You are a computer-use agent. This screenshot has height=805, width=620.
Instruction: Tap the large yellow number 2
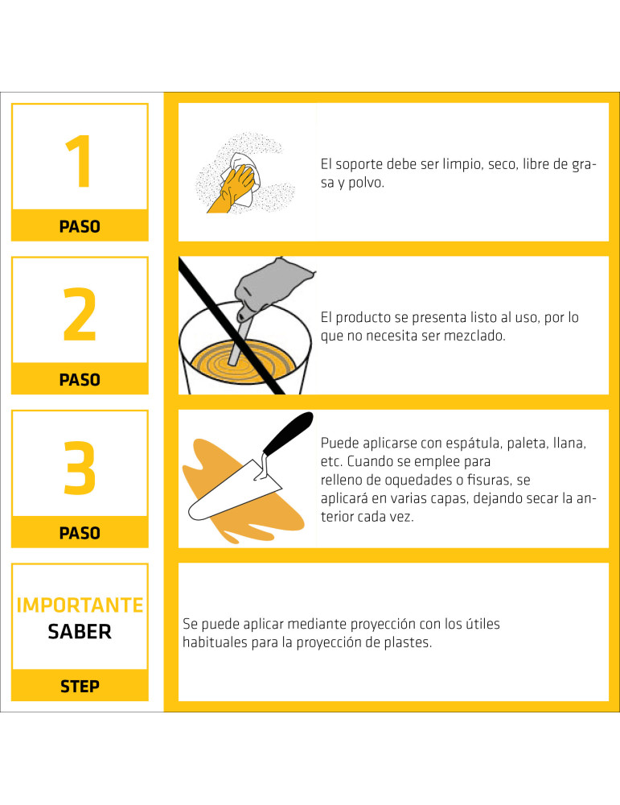[80, 314]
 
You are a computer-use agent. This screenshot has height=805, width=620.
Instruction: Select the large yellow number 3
[80, 468]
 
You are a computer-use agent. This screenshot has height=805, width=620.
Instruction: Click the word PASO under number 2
[80, 380]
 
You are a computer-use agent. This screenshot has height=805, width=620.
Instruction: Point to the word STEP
[80, 687]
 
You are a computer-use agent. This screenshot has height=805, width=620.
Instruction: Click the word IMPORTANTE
[80, 605]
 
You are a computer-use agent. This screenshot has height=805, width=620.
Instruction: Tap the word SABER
[80, 631]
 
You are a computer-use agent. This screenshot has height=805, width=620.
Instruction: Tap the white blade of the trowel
[233, 491]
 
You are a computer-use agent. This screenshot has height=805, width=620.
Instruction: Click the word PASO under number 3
[80, 533]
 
